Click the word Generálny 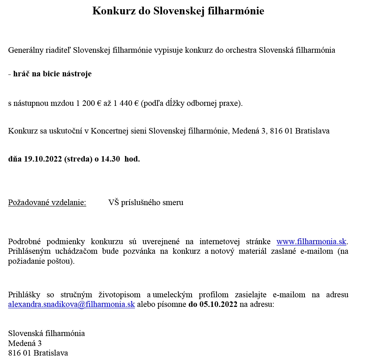(24, 50)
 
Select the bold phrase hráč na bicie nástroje (52, 74)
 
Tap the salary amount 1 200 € (89, 103)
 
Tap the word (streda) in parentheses (77, 159)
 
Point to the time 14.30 (110, 159)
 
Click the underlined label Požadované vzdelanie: (47, 202)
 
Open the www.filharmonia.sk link (311, 242)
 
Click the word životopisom (120, 295)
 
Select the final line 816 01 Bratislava (38, 353)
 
